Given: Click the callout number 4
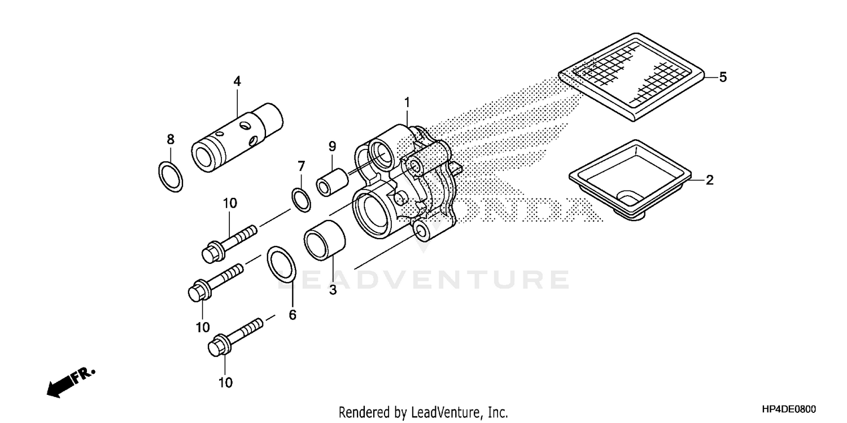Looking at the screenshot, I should click(237, 82).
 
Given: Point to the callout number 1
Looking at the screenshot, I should click(407, 103).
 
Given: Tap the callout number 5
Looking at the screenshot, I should click(723, 77).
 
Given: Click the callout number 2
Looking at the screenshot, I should click(710, 180).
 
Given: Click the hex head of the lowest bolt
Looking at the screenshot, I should click(217, 346).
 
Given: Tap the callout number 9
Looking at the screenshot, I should click(332, 147).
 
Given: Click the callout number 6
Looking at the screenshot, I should click(292, 315).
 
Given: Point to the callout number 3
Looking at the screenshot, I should click(333, 290).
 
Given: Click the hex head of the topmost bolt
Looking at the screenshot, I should click(212, 251).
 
